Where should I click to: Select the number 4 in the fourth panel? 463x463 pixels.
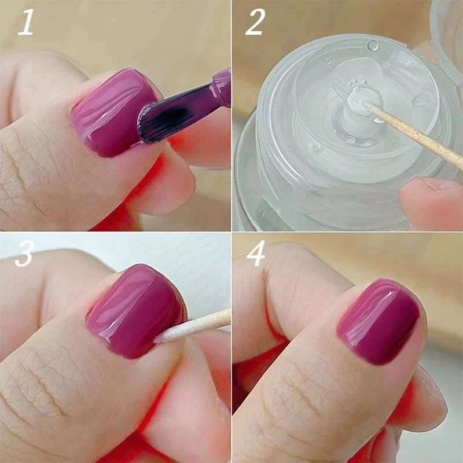tap(256, 255)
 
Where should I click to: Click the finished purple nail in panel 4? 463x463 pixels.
tap(379, 321)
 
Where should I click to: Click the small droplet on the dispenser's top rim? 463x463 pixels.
tap(373, 45)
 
